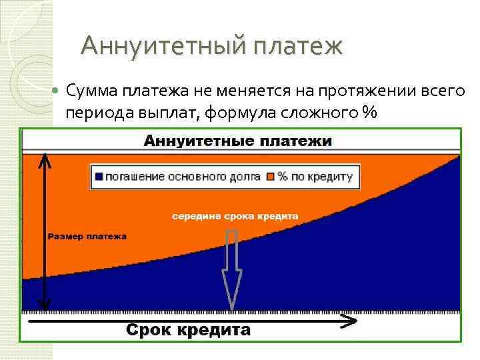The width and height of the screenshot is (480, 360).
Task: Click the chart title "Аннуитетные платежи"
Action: [238, 141]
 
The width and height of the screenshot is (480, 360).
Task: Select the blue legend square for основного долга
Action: [99, 177]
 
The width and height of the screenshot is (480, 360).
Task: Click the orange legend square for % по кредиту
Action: [271, 177]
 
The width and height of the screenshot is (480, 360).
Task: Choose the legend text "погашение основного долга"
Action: [183, 177]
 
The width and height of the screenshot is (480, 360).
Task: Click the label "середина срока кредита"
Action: [235, 216]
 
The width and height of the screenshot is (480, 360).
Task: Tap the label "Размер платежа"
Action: [87, 236]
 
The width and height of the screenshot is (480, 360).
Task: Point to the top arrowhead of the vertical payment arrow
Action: [43, 159]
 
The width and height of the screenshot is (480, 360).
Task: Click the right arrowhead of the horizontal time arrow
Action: [349, 321]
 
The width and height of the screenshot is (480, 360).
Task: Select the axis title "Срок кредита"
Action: [189, 330]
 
